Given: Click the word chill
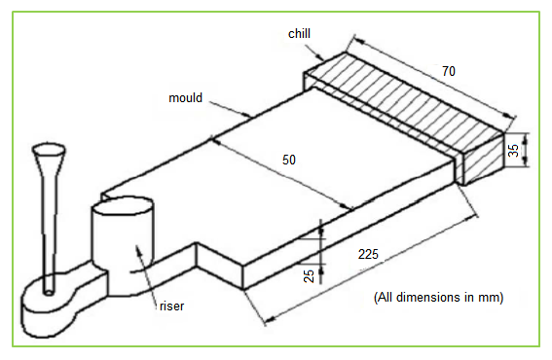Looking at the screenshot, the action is (x=299, y=34).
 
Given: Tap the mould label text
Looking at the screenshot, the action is (x=186, y=97).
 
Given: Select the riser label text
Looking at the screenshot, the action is (x=171, y=306).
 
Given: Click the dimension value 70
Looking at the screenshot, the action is (x=449, y=71).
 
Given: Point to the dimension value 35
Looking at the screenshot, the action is (x=514, y=150).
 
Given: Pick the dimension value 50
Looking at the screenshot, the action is (x=289, y=160).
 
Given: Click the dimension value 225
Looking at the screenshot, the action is (x=368, y=254).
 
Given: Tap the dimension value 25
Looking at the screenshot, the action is (x=309, y=276).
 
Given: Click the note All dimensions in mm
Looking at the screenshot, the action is (x=439, y=298).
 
